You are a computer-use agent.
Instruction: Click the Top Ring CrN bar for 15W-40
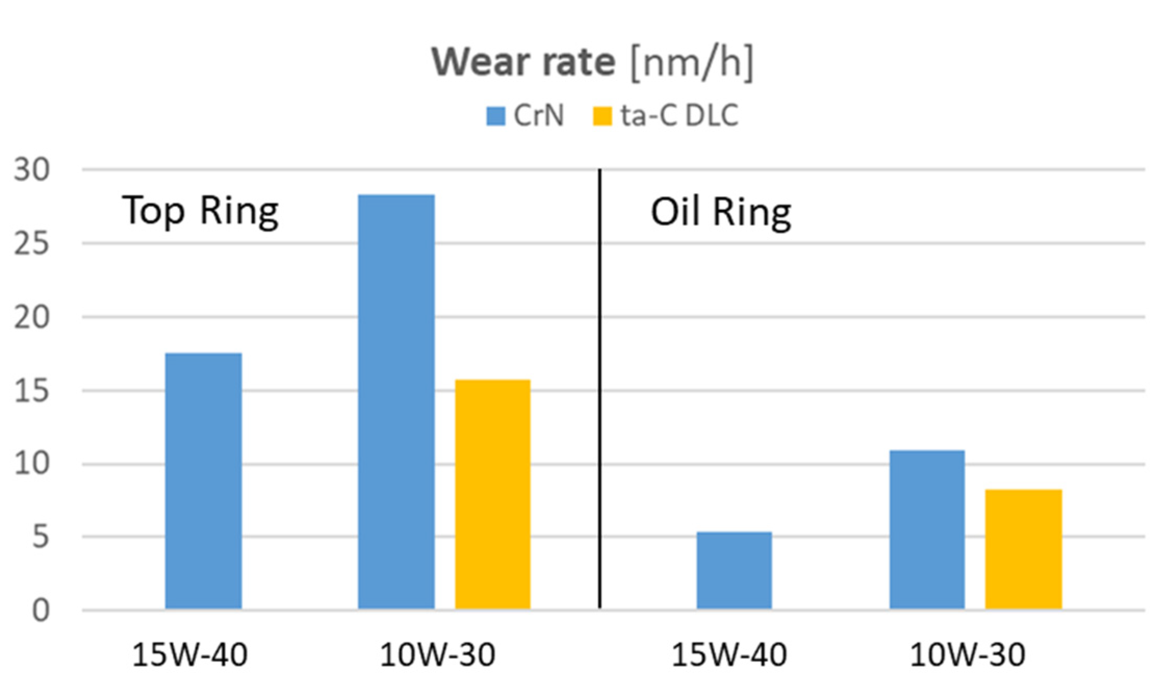203,481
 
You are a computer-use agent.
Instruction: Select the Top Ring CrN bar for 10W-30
396,402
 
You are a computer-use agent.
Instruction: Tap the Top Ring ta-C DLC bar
493,494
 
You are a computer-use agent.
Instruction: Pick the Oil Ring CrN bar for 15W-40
734,570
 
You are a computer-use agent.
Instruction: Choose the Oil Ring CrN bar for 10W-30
927,529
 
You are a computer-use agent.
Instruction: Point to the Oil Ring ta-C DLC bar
1023,549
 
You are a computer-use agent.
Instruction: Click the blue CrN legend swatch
496,116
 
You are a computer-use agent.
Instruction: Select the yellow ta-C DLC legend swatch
602,116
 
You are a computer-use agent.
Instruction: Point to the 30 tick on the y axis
32,170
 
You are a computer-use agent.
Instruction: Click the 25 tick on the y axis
32,243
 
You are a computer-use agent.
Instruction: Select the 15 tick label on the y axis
32,391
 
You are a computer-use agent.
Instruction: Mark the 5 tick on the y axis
41,537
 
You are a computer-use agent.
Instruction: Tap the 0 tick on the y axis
41,610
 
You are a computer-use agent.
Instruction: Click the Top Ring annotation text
200,211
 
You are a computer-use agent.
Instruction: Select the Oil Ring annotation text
721,212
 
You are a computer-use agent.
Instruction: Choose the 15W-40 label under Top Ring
190,655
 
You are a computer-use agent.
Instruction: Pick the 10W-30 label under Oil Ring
967,655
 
